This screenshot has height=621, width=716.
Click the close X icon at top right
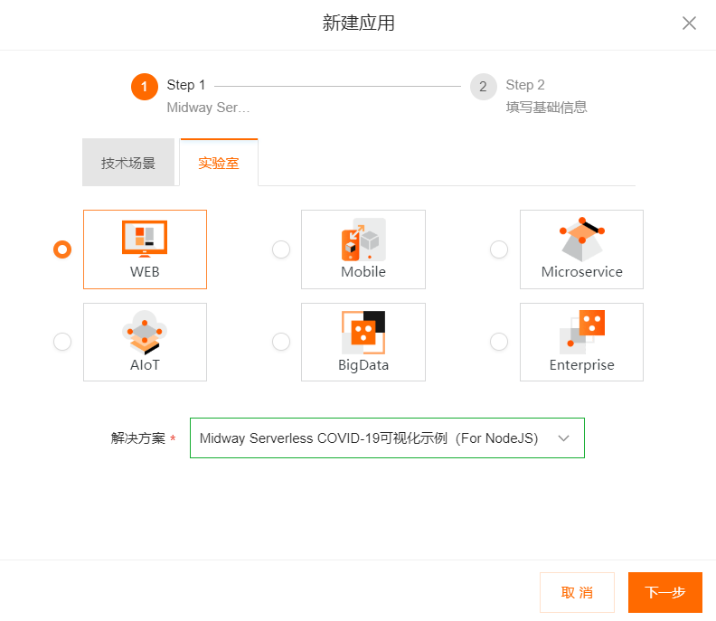point(689,23)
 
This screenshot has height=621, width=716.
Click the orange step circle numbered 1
point(145,86)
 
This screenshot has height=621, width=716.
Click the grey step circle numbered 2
point(483,86)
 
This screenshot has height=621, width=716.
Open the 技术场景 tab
point(128,163)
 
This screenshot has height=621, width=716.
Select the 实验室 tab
point(219,163)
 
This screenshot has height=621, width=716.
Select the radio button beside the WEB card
point(62,249)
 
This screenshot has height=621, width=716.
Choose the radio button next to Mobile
point(281,249)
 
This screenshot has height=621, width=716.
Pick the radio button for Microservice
point(499,249)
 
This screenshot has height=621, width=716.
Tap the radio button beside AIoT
point(62,342)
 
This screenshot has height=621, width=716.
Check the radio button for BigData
point(281,342)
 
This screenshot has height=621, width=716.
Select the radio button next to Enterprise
point(499,342)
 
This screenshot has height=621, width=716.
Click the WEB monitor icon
point(145,239)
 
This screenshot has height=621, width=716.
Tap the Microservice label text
point(582,272)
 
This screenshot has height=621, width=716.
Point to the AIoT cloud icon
point(145,333)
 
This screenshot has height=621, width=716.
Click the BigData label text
point(363,365)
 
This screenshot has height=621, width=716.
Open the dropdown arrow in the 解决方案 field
point(564,438)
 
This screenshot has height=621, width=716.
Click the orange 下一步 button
point(664,592)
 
